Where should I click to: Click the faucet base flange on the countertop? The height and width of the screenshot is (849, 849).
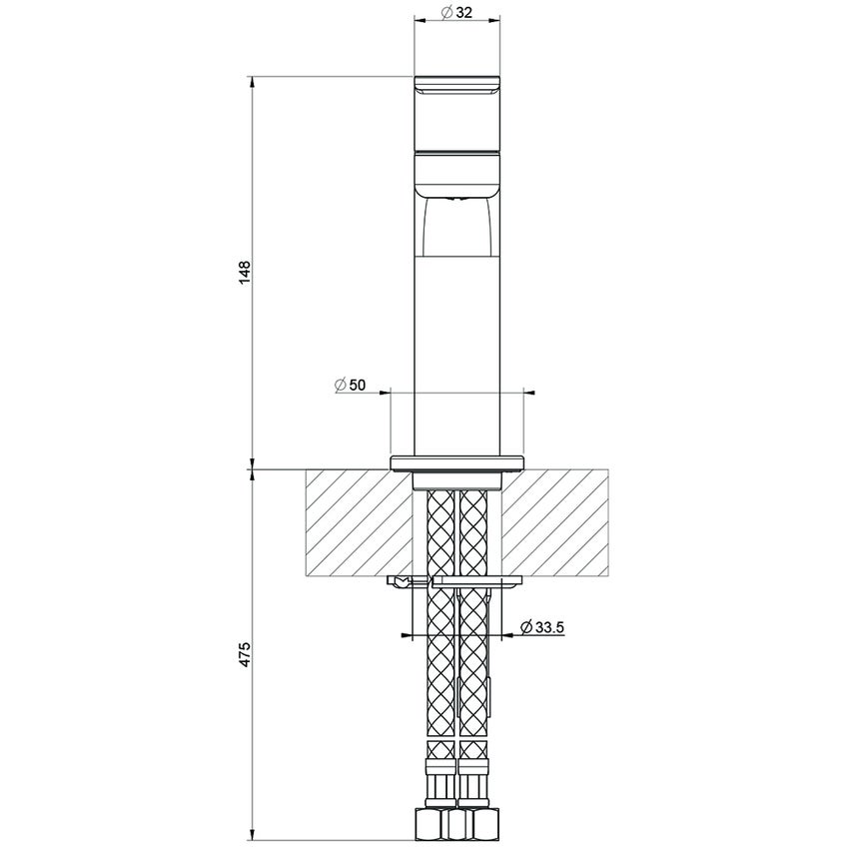(x=455, y=460)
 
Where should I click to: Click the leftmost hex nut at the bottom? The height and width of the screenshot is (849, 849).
(x=426, y=823)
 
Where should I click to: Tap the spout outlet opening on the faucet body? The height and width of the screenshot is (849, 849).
(x=455, y=201)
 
